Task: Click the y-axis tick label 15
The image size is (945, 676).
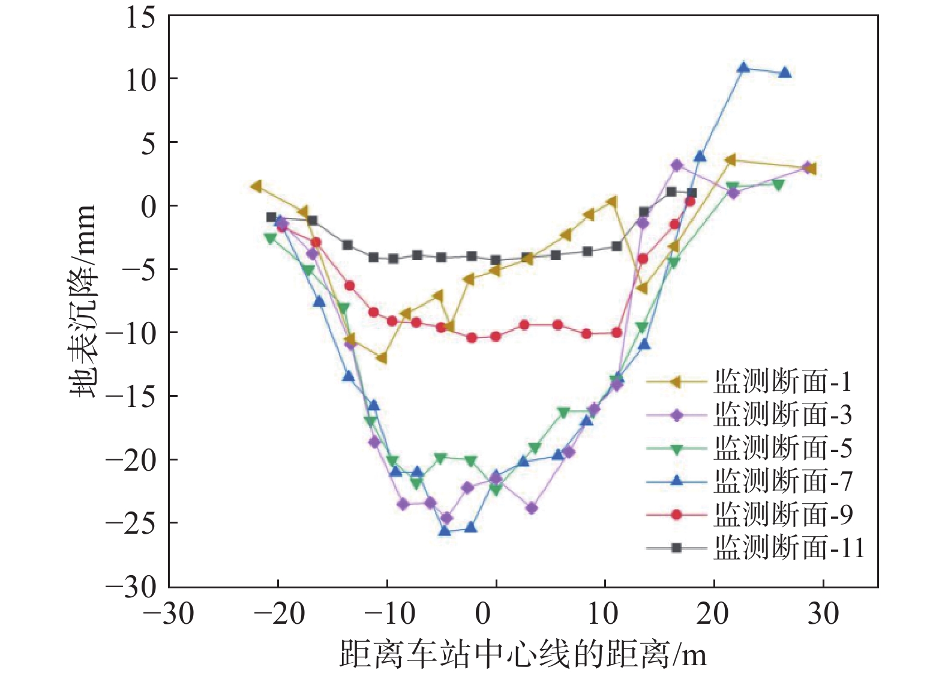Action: click(140, 18)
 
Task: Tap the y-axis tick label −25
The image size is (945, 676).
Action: click(130, 524)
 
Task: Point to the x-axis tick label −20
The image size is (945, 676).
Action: click(279, 614)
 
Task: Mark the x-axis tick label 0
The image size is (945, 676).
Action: click(483, 614)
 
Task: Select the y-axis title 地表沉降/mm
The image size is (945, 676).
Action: click(83, 300)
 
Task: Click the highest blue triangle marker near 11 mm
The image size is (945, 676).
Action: click(743, 67)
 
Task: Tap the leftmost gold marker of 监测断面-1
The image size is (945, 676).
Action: click(257, 186)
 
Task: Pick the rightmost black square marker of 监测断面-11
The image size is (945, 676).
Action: click(691, 193)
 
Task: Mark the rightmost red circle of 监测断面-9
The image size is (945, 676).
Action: click(690, 201)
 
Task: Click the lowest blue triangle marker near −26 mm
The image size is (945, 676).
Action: click(445, 531)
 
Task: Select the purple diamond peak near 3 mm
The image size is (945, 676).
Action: click(677, 165)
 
